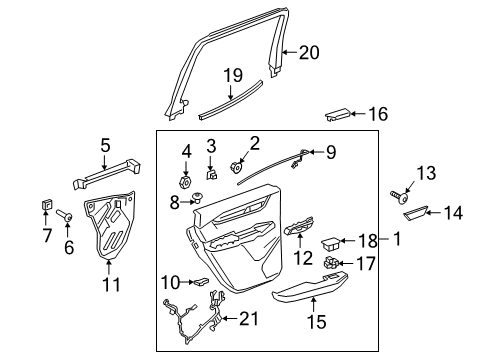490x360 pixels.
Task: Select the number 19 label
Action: [232, 75]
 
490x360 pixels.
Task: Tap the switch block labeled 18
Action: [330, 241]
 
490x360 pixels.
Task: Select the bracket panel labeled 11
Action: [114, 233]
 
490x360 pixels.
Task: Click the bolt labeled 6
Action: [62, 213]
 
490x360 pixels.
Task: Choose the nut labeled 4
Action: [185, 182]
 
